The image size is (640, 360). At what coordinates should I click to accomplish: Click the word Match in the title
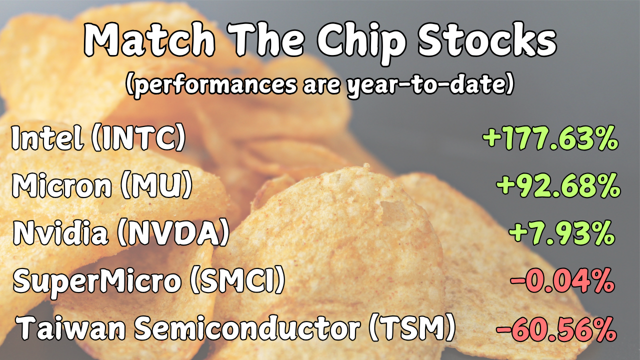pyautogui.click(x=149, y=40)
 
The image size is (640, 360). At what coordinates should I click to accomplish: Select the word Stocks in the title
pyautogui.click(x=487, y=40)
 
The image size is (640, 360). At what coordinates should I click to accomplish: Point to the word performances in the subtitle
pyautogui.click(x=211, y=85)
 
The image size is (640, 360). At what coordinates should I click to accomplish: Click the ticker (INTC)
pyautogui.click(x=138, y=138)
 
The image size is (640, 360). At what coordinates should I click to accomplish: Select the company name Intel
pyautogui.click(x=47, y=138)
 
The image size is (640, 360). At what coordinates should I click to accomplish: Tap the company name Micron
pyautogui.click(x=61, y=185)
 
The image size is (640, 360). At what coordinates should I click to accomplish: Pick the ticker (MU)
pyautogui.click(x=156, y=185)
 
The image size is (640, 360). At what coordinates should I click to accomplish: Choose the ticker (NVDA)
pyautogui.click(x=173, y=233)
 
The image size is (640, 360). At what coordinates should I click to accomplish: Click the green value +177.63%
pyautogui.click(x=550, y=138)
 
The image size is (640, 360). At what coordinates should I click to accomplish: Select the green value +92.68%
pyautogui.click(x=558, y=186)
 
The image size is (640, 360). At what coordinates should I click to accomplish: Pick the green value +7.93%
pyautogui.click(x=561, y=233)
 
